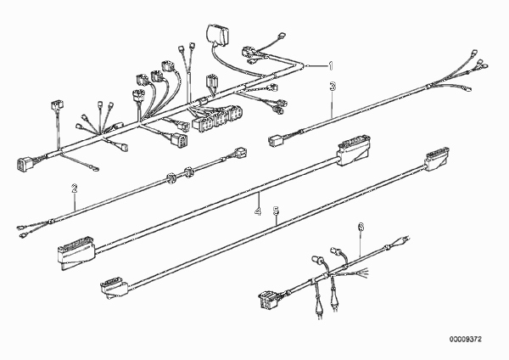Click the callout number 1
click(331, 66)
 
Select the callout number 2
click(75, 188)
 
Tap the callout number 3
click(333, 87)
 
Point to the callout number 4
click(257, 211)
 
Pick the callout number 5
click(276, 211)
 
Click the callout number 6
click(361, 227)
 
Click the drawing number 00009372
click(466, 340)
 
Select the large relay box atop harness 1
click(217, 33)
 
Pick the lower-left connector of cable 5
click(115, 288)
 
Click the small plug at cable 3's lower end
click(274, 141)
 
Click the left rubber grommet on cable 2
click(171, 177)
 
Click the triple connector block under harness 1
click(217, 118)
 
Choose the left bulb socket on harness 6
click(316, 259)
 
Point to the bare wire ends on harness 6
click(362, 272)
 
